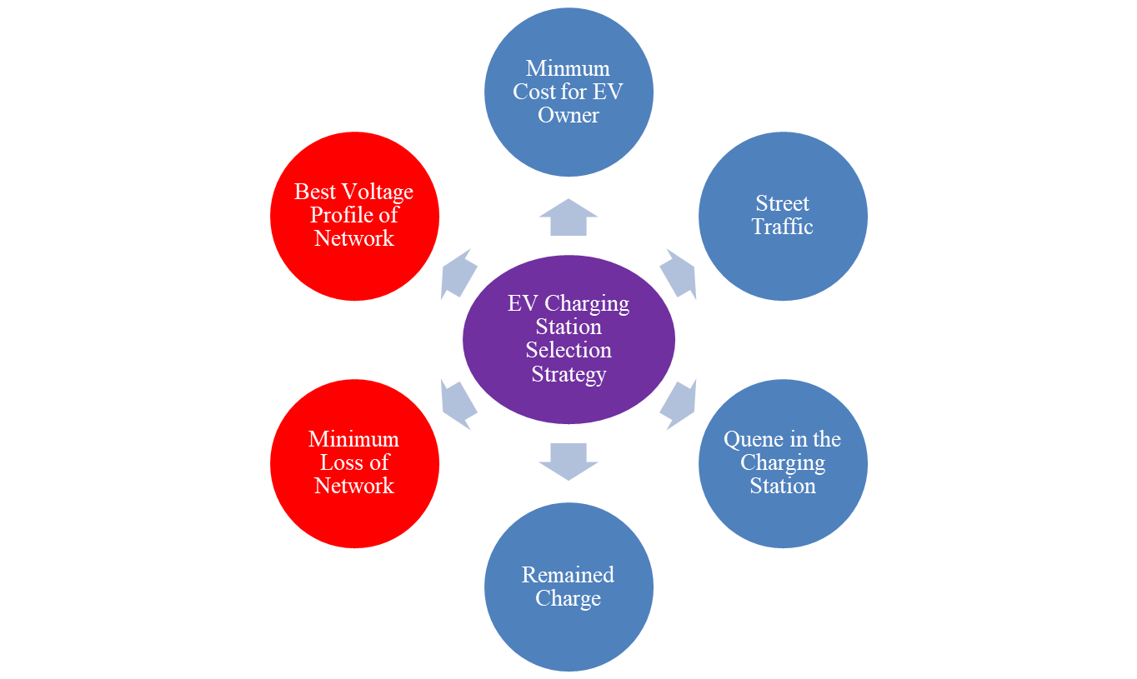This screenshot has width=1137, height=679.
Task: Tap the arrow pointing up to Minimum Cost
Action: click(568, 218)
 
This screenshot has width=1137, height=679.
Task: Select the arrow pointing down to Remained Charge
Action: click(568, 461)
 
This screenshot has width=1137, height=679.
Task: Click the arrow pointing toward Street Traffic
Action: click(679, 273)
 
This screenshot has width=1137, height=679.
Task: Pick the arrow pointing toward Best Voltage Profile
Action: click(458, 273)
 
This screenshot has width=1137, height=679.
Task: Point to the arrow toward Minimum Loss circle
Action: click(458, 403)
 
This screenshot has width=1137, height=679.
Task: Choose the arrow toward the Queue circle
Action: click(679, 403)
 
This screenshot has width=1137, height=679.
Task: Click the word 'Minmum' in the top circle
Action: click(568, 68)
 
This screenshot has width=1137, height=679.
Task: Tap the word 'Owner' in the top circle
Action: click(568, 115)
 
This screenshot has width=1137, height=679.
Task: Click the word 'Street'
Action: click(782, 203)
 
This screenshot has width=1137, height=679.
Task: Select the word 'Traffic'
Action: click(782, 227)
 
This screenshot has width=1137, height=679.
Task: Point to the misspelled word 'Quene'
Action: click(750, 439)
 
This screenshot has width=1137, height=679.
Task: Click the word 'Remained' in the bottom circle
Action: click(568, 575)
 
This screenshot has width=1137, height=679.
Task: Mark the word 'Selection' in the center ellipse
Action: click(568, 351)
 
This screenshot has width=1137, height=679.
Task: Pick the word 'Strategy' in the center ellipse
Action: click(568, 374)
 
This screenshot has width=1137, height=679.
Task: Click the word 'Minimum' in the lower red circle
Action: click(354, 439)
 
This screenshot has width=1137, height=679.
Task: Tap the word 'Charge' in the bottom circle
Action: click(568, 598)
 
